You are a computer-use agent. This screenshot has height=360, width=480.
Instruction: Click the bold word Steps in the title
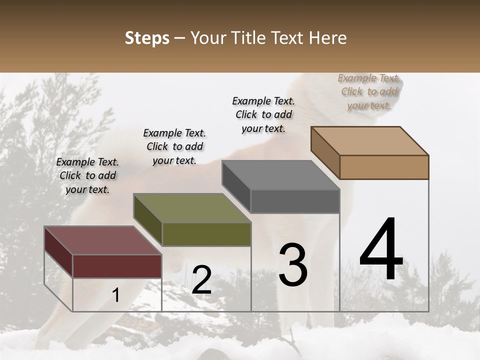[147, 38]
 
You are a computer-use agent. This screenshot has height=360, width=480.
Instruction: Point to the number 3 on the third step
[293, 264]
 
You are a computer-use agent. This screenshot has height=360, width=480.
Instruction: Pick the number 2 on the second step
[201, 280]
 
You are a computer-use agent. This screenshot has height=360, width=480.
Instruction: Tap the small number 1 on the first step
[116, 295]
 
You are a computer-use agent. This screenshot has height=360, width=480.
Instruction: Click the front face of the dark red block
[117, 265]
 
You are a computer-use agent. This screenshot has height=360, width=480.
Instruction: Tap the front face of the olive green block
[206, 234]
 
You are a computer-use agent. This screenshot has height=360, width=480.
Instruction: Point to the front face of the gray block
[295, 201]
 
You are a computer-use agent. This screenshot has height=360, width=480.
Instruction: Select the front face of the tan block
[384, 167]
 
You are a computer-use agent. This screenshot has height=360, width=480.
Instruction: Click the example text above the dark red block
[87, 175]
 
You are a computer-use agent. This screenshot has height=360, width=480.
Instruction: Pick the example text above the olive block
[174, 146]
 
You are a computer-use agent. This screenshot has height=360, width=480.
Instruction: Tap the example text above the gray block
[263, 114]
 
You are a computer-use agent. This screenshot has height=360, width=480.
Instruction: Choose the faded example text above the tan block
[369, 91]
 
